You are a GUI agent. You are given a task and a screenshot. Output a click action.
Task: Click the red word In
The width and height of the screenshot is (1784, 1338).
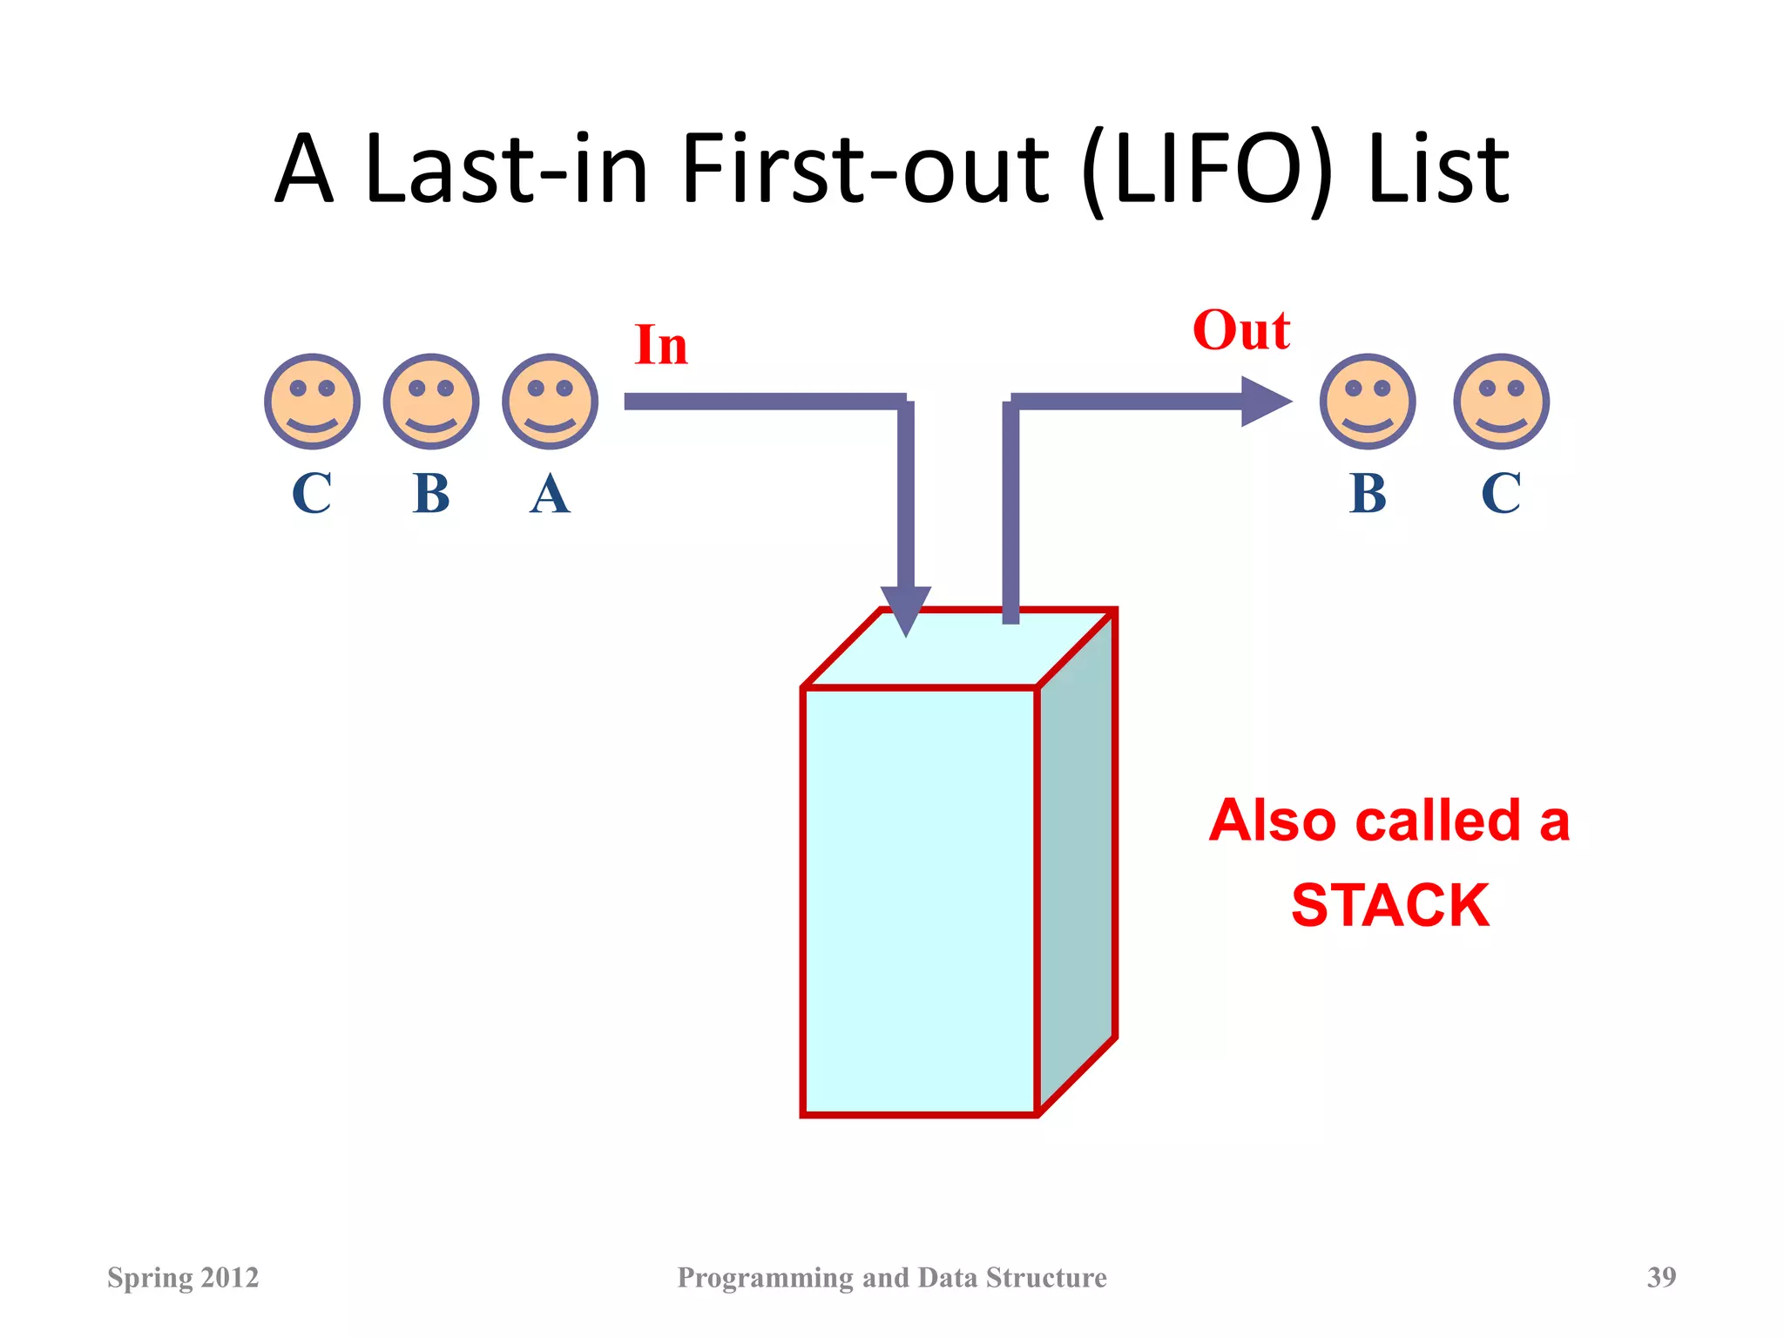(x=661, y=345)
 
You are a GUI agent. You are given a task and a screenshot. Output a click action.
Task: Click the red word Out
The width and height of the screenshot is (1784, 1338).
(x=1241, y=331)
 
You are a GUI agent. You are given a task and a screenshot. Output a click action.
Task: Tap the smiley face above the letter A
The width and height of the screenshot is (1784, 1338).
(x=550, y=402)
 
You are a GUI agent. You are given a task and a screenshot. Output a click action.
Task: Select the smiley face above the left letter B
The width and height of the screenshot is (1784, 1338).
(x=431, y=402)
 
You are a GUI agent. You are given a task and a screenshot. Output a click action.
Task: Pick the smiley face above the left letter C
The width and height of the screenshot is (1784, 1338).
(x=312, y=402)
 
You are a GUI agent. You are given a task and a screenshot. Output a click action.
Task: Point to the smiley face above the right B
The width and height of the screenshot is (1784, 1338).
(x=1368, y=402)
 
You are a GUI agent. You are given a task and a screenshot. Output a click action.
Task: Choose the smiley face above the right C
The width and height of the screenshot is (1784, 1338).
(x=1501, y=402)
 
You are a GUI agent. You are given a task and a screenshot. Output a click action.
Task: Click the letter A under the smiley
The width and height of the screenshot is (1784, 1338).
(x=550, y=494)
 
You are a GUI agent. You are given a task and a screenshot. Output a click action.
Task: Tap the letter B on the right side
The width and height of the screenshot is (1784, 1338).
(x=1368, y=494)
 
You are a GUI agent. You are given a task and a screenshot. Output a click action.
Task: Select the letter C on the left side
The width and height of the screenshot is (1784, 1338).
(x=312, y=494)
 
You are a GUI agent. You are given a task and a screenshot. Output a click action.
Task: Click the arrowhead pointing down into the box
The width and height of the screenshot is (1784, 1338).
(x=906, y=608)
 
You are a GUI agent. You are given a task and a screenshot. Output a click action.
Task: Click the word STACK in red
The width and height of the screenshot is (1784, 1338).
(x=1390, y=906)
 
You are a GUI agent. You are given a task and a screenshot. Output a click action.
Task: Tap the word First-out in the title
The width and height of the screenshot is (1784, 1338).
(x=865, y=169)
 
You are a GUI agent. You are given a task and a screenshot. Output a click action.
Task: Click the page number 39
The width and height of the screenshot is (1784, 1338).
(x=1661, y=1277)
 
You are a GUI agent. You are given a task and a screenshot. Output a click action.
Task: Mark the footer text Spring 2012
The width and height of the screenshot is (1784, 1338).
(x=183, y=1277)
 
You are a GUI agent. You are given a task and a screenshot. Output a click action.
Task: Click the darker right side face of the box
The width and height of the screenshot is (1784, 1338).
(x=1077, y=862)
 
